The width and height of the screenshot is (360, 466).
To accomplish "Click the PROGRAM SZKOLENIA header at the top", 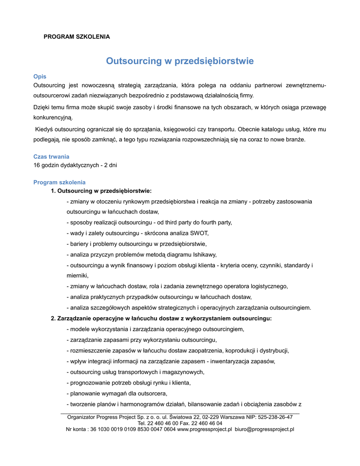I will [76, 36].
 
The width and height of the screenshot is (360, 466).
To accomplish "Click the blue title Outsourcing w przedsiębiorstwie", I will [180, 61].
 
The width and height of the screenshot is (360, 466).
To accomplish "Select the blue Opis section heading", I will [40, 76].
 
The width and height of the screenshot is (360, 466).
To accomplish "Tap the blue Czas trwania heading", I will [51, 157].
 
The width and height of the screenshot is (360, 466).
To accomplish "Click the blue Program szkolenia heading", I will [60, 182].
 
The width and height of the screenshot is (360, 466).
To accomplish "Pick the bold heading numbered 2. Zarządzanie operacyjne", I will [161, 319].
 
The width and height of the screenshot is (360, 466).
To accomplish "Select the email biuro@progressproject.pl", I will [264, 429].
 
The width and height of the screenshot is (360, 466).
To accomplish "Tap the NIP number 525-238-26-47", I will [275, 417].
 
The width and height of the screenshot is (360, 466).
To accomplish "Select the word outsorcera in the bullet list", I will [153, 393].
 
